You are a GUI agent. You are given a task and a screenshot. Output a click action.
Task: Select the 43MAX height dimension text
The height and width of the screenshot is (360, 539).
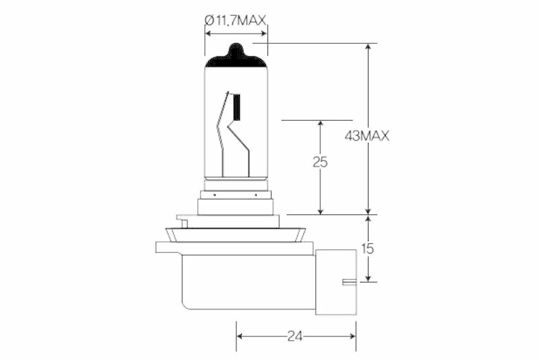tap(367, 136)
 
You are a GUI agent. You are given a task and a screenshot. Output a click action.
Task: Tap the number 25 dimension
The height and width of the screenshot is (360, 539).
tap(320, 162)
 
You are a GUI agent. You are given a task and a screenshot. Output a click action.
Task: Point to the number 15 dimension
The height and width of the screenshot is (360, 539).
tap(368, 249)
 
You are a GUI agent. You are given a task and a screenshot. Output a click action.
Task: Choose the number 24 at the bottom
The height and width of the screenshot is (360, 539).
tap(295, 334)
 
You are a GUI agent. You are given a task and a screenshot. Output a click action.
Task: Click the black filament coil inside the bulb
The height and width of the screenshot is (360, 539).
tap(236, 108)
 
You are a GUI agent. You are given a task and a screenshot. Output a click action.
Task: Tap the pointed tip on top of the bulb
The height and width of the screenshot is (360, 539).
tap(236, 47)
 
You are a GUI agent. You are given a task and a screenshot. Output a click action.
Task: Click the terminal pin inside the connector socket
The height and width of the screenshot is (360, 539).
tap(349, 281)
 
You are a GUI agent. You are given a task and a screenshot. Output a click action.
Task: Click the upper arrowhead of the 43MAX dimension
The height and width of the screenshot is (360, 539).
tap(368, 48)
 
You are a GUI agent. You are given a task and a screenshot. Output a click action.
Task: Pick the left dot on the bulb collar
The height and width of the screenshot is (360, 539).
tap(214, 194)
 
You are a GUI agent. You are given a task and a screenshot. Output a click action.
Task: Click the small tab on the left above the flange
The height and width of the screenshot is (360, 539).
tap(180, 218)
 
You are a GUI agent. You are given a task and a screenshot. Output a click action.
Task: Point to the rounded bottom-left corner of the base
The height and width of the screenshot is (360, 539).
tap(186, 305)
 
